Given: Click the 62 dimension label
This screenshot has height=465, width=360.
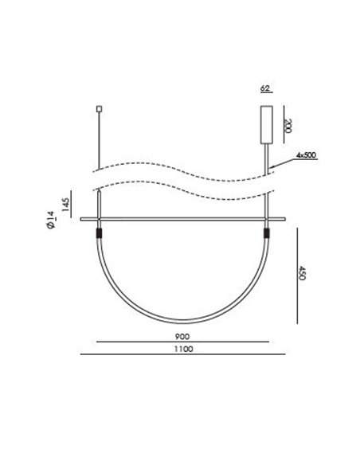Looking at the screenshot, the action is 264,88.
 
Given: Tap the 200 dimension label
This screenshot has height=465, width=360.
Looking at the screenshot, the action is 288,126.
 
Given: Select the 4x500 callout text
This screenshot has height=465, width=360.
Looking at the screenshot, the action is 306,154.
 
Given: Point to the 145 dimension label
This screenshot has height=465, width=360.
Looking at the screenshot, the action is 66,205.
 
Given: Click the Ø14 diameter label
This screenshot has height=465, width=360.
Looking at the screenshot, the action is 50,220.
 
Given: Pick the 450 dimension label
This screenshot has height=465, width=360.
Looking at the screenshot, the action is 302,273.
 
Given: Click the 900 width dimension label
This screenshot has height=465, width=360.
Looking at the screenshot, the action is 182,337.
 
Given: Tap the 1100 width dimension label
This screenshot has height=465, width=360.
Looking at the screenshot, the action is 183,349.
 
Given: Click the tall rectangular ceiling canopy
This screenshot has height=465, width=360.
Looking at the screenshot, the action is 267,124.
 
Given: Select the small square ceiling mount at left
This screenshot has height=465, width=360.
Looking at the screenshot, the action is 100,109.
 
